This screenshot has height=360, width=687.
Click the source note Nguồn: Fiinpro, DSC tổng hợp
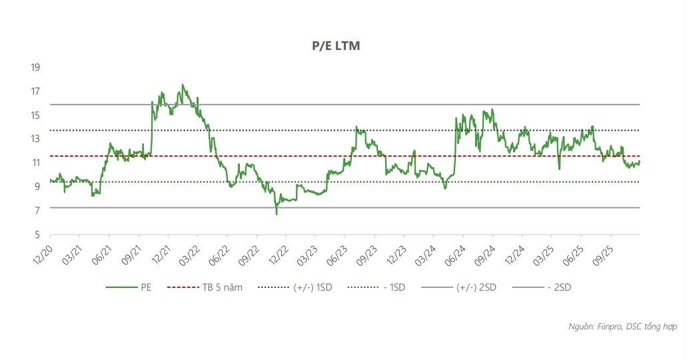pyautogui.click(x=622, y=327)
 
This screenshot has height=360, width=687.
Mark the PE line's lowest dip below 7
pyautogui.click(x=277, y=214)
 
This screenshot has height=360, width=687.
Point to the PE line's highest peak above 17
pyautogui.click(x=183, y=85)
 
